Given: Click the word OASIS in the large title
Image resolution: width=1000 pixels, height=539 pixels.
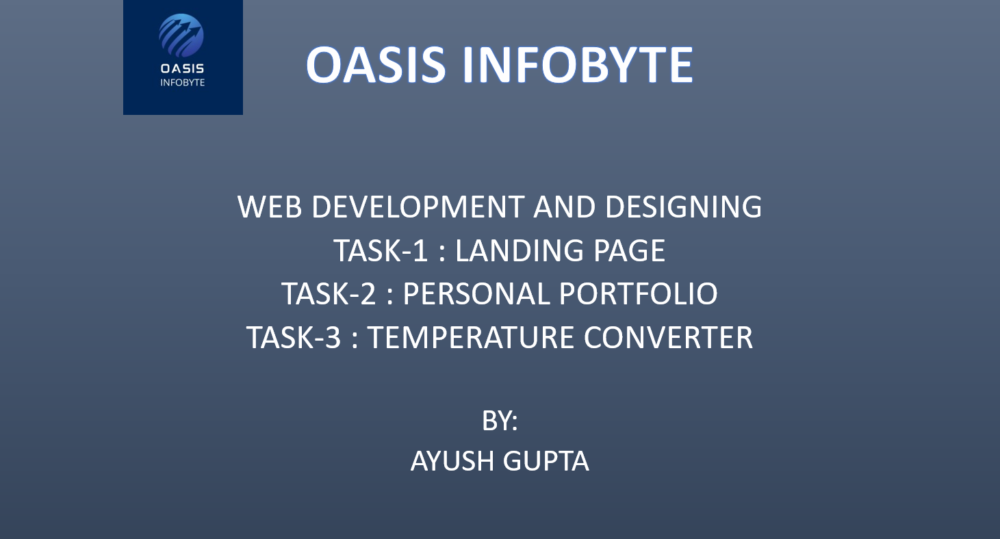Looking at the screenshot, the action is tap(376, 65).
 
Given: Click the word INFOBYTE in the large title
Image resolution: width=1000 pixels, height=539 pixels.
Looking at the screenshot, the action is tap(578, 65).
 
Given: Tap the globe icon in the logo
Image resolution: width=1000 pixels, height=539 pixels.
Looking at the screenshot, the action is tap(181, 36).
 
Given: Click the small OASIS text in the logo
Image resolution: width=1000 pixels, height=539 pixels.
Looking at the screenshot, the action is tap(182, 68).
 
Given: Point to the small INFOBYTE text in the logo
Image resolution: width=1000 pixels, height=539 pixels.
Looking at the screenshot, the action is tap(182, 83).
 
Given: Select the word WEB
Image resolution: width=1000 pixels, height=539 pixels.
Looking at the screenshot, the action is tap(270, 207).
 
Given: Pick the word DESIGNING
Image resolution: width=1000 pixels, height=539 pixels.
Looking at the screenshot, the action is tap(684, 207).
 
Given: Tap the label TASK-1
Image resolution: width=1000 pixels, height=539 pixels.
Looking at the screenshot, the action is tap(381, 250).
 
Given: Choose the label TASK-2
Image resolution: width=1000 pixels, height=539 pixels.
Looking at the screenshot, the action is tap(329, 293).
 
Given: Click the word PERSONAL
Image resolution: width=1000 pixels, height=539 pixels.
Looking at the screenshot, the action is tap(476, 293).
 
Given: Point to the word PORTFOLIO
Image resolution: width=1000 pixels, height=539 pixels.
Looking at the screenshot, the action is tap(639, 293).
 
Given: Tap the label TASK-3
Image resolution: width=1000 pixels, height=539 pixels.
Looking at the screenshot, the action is tap(294, 337).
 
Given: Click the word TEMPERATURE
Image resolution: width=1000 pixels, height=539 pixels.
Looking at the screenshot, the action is tap(471, 337).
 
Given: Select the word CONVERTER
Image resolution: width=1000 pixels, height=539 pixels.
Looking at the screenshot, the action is tap(668, 337).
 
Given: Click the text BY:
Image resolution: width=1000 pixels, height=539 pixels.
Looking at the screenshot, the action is tap(500, 420).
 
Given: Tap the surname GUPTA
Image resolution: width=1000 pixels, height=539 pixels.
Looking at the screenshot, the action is tap(546, 461).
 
